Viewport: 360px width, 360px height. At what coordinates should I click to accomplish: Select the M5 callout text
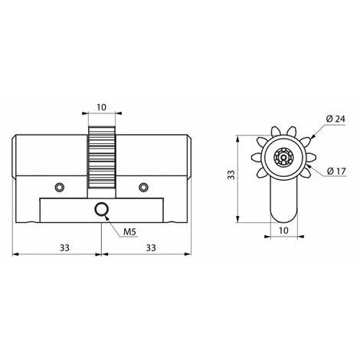click(129, 232)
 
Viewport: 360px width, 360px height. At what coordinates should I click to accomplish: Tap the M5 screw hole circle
click(101, 211)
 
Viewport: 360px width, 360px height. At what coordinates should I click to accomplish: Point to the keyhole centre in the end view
click(283, 159)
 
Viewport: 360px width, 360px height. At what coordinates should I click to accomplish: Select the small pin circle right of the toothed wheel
click(142, 187)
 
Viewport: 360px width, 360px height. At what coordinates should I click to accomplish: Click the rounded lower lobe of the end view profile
click(283, 207)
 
